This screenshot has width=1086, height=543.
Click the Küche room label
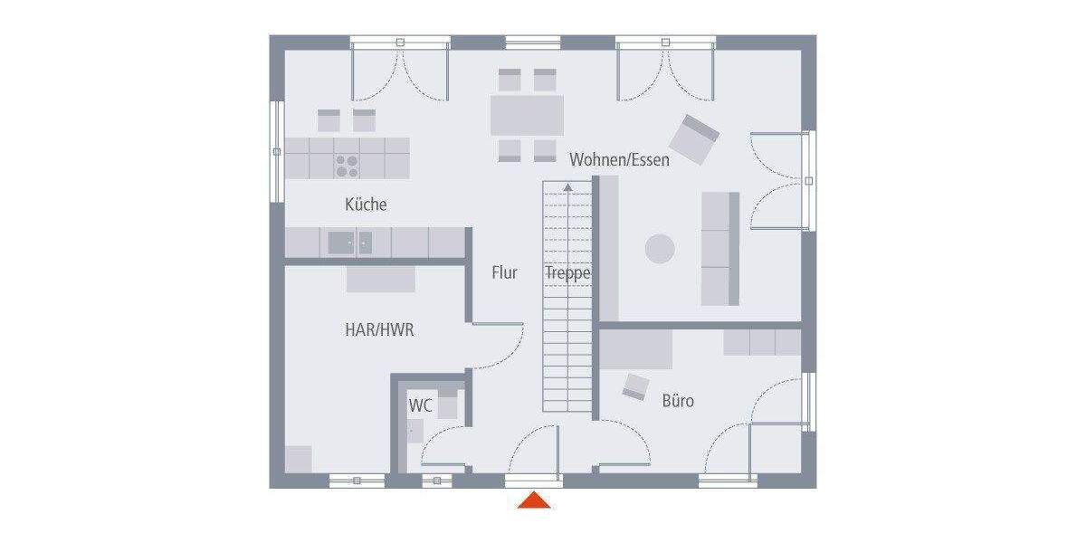[366, 205]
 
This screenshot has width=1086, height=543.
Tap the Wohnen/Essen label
[619, 160]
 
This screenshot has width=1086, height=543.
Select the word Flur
[504, 271]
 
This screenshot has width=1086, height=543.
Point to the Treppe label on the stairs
[567, 272]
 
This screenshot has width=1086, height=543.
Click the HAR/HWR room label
[379, 330]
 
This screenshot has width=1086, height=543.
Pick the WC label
[420, 405]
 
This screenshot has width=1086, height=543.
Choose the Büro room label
[678, 399]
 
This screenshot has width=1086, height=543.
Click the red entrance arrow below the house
[534, 500]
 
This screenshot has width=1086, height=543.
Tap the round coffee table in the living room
[659, 249]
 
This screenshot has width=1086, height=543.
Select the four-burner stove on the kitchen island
[348, 165]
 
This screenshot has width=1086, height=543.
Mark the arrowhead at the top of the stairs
[567, 187]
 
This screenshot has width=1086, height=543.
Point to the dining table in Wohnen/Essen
[527, 116]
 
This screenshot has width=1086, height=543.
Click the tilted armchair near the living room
[694, 139]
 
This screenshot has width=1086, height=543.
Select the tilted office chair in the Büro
[635, 386]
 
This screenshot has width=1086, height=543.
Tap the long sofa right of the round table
[720, 249]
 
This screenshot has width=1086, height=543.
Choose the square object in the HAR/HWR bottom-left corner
[299, 459]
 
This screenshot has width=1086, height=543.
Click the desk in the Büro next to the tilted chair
[636, 350]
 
